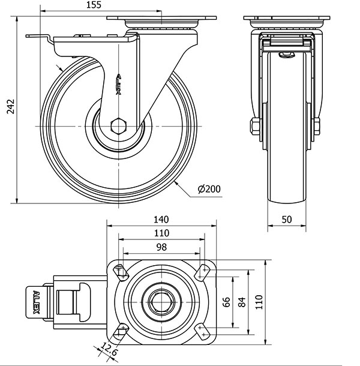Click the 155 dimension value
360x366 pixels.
point(94,5)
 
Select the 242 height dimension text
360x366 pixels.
point(11,106)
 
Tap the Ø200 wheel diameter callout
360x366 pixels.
point(209,189)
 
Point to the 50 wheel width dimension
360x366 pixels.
point(287,220)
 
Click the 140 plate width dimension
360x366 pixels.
point(161,220)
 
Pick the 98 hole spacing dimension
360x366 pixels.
point(161,247)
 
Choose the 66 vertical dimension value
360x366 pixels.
point(226,302)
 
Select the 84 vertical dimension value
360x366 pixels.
point(242,302)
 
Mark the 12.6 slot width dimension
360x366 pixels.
point(109,349)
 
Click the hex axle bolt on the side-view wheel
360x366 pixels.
point(119,126)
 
